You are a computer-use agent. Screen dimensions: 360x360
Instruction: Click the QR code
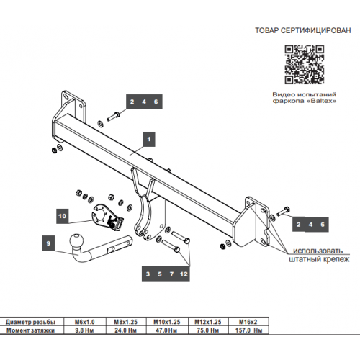pos(305,65)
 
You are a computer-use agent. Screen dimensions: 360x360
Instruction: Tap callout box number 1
pos(149,139)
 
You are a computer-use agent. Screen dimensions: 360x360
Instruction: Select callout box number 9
pos(48,243)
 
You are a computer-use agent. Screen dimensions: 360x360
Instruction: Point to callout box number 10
pos(63,216)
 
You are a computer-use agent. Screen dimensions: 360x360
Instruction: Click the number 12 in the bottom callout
pos(184,274)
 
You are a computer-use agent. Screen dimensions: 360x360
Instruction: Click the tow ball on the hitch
pos(77,240)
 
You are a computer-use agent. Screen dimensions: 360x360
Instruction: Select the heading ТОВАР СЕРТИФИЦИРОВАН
pos(303,30)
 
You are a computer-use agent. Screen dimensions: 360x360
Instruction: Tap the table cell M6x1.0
pos(85,322)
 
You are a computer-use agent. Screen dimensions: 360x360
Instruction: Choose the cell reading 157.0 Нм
pos(248,330)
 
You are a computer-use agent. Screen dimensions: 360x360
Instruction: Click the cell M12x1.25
pos(208,322)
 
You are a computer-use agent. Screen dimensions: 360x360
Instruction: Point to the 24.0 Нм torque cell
pos(126,330)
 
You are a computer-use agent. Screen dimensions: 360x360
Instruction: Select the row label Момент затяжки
pos(30,330)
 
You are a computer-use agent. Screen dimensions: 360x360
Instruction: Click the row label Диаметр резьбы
pos(30,322)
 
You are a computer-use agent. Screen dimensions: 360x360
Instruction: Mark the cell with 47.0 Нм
pos(166,330)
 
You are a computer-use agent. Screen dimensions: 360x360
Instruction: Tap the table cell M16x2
pos(248,322)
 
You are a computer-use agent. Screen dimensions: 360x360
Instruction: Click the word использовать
pos(318,251)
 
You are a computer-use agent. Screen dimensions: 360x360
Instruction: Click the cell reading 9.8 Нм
pos(84,330)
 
